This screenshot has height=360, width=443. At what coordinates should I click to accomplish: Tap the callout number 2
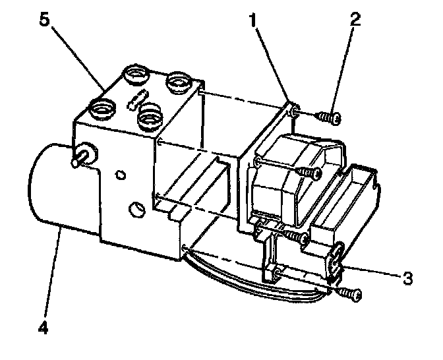pyautogui.click(x=355, y=18)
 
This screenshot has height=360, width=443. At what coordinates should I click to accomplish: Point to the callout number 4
pyautogui.click(x=44, y=326)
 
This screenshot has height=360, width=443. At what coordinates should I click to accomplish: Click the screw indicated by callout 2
pyautogui.click(x=328, y=118)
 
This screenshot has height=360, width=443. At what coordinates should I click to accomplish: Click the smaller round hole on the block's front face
pyautogui.click(x=120, y=175)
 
